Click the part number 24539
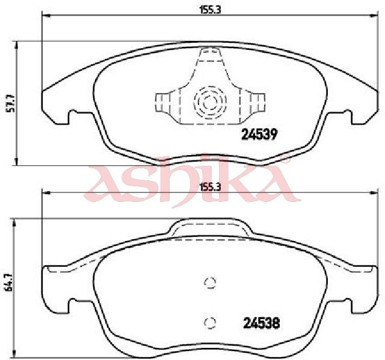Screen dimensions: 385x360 pyautogui.click(x=259, y=135)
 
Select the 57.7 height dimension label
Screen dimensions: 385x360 pyautogui.click(x=11, y=103)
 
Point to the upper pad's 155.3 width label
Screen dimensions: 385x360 pyautogui.click(x=210, y=10)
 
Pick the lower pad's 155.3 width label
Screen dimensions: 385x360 pyautogui.click(x=210, y=187)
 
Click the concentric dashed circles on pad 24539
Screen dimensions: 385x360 pyautogui.click(x=210, y=102)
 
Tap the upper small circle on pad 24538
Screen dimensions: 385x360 pyautogui.click(x=210, y=282)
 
